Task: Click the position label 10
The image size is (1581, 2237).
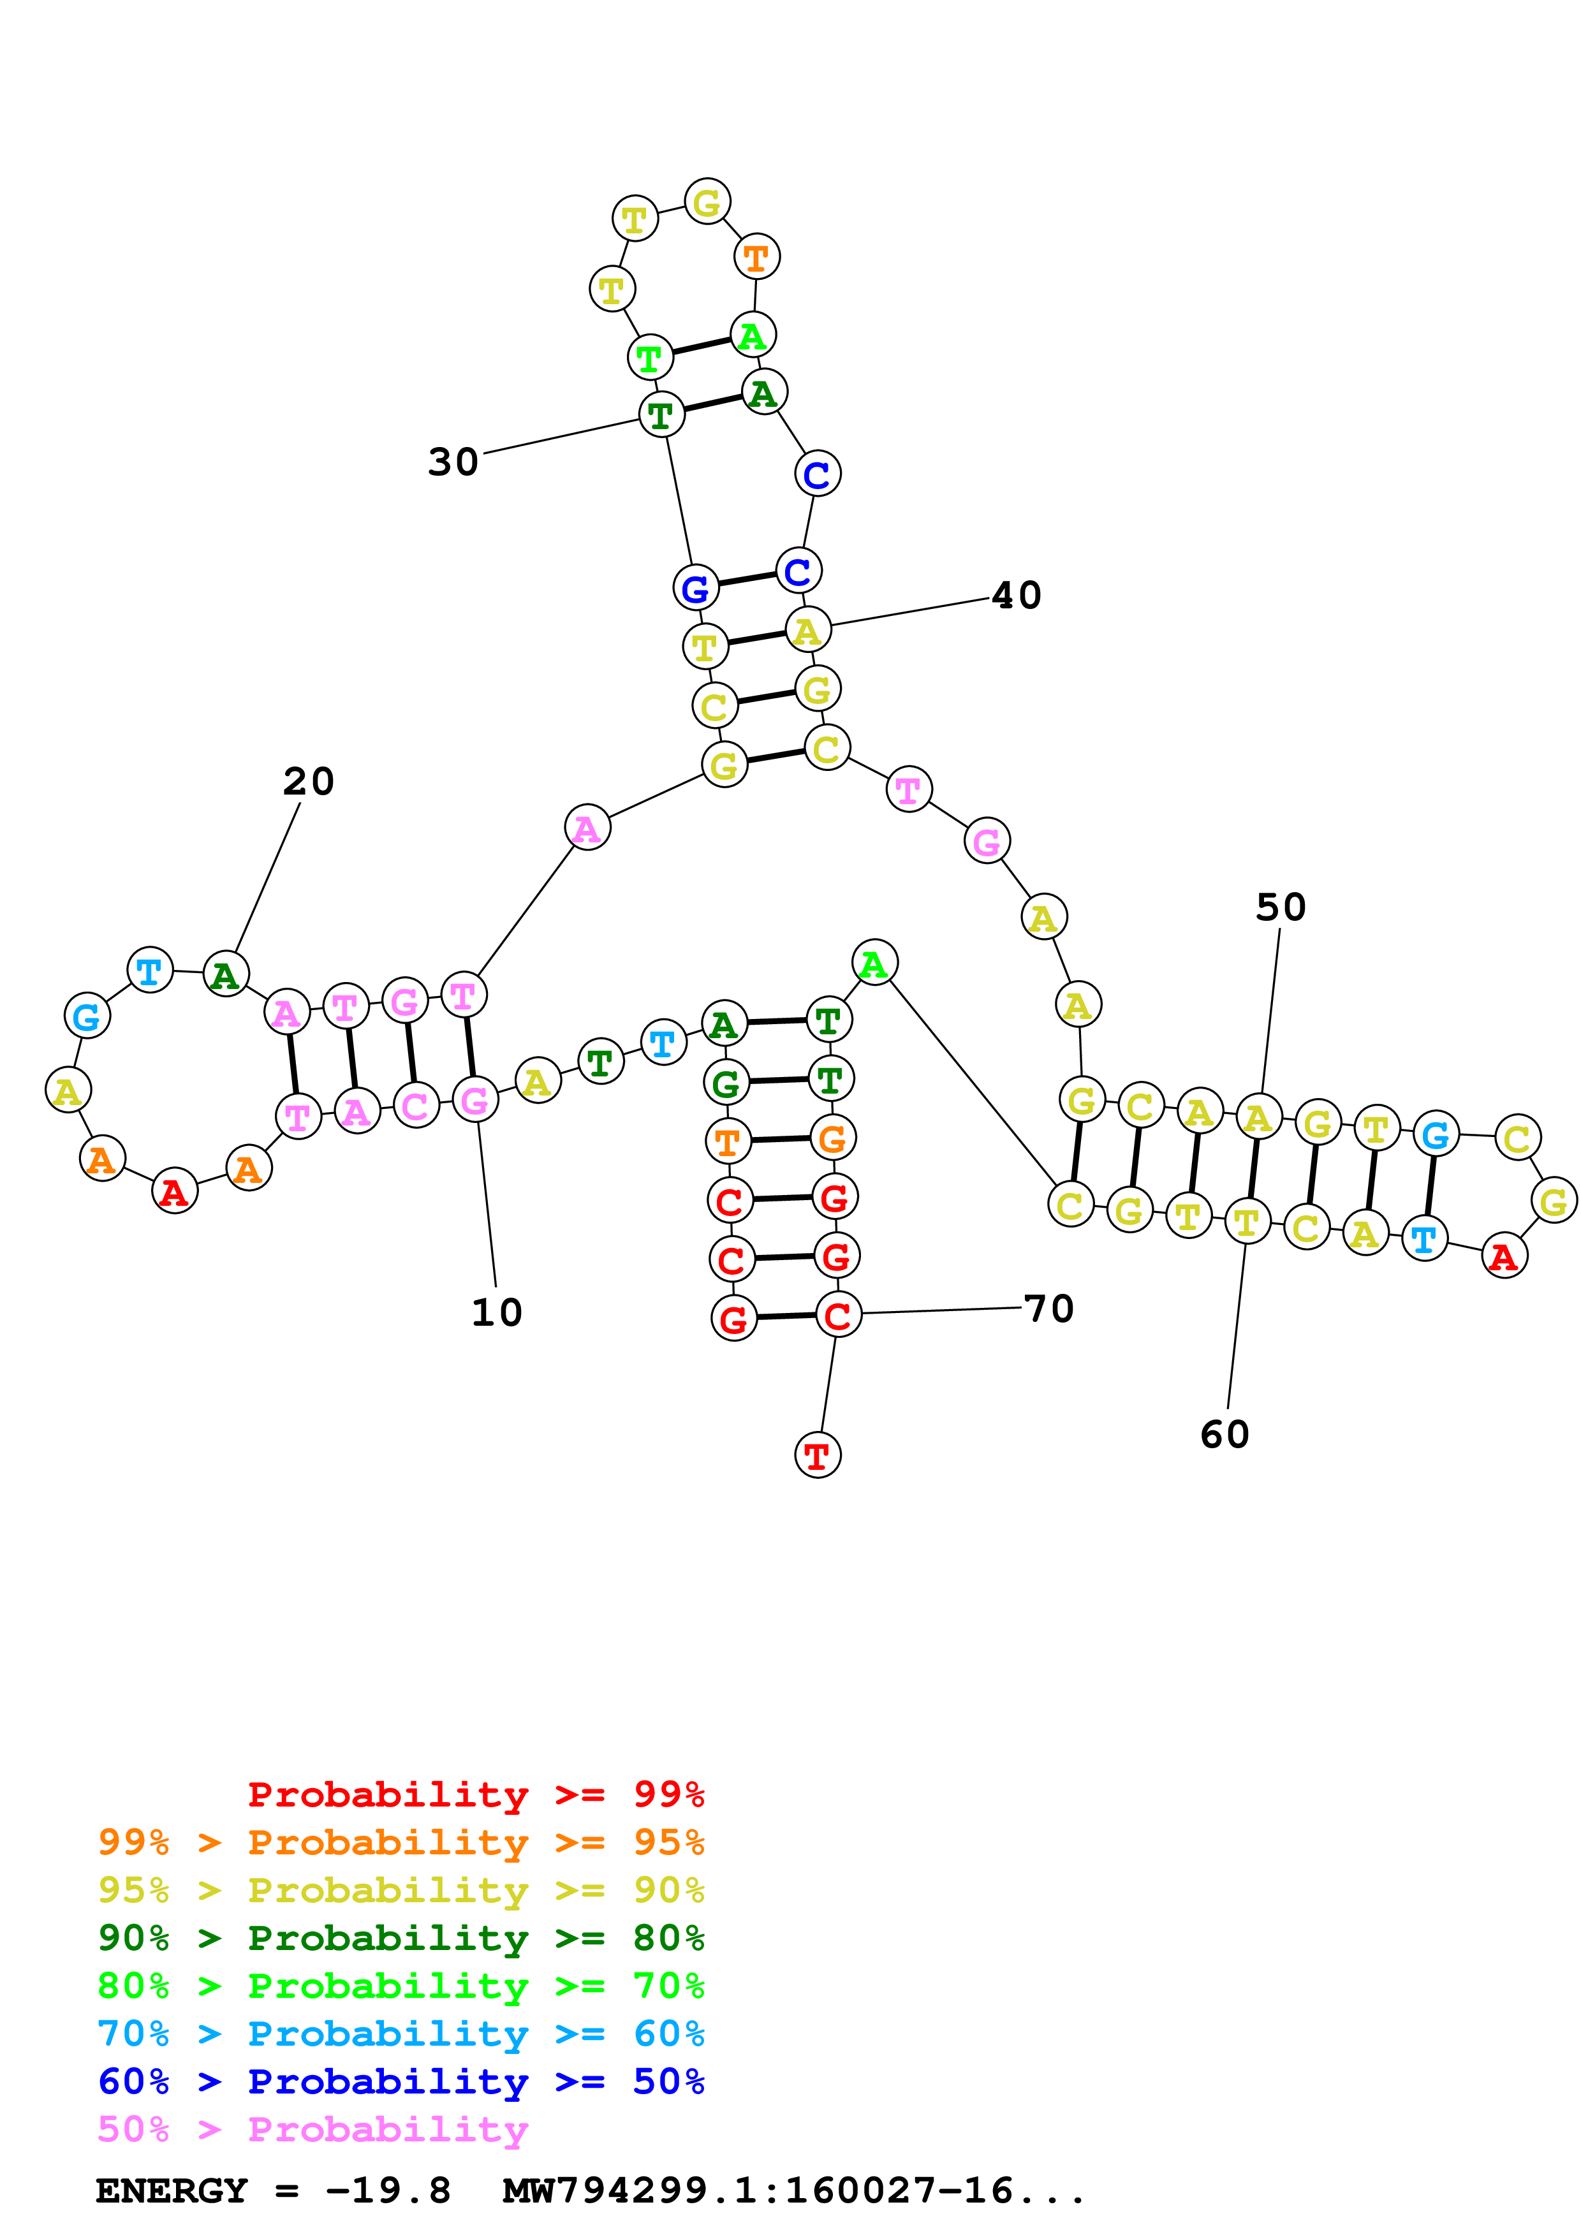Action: pos(497,1312)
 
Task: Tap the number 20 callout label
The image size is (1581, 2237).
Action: pos(309,781)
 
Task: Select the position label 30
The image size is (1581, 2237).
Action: pos(453,462)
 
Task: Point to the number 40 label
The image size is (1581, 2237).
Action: pos(1016,596)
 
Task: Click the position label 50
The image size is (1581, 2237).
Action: pos(1280,907)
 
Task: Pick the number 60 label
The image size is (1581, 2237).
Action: pos(1224,1434)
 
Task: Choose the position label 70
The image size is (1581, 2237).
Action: pos(1049,1309)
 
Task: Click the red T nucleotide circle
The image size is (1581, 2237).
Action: pos(818,1456)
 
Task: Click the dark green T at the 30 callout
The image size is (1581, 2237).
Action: pos(661,416)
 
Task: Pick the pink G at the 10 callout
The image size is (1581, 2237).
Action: pos(474,1101)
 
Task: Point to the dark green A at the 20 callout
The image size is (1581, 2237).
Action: pos(226,974)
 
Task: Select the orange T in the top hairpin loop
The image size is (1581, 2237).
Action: pos(756,258)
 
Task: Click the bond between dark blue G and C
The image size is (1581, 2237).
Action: pos(746,580)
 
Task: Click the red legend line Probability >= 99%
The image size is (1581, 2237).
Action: pos(475,1794)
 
